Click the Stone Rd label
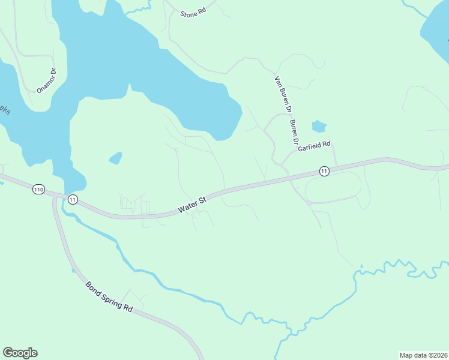193,13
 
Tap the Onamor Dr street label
46,80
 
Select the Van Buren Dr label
283,95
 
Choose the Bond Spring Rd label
109,296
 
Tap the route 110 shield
38,190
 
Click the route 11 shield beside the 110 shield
73,199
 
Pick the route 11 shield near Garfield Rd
324,171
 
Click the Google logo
20,353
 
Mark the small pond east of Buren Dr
319,127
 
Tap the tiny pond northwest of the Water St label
115,158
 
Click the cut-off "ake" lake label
5,110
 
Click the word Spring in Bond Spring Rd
109,296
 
